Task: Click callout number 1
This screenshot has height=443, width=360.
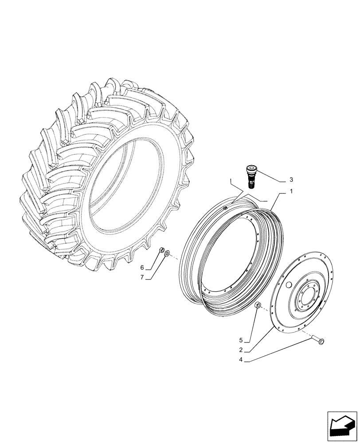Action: click(291, 192)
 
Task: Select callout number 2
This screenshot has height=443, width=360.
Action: click(241, 350)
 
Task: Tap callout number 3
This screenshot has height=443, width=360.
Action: click(291, 179)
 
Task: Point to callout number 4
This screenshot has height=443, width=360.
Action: click(241, 360)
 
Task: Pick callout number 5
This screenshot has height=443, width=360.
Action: click(241, 340)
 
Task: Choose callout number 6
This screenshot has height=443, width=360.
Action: click(143, 268)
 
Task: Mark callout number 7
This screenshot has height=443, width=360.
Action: click(143, 278)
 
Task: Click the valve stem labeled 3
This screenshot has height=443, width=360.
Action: click(252, 176)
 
